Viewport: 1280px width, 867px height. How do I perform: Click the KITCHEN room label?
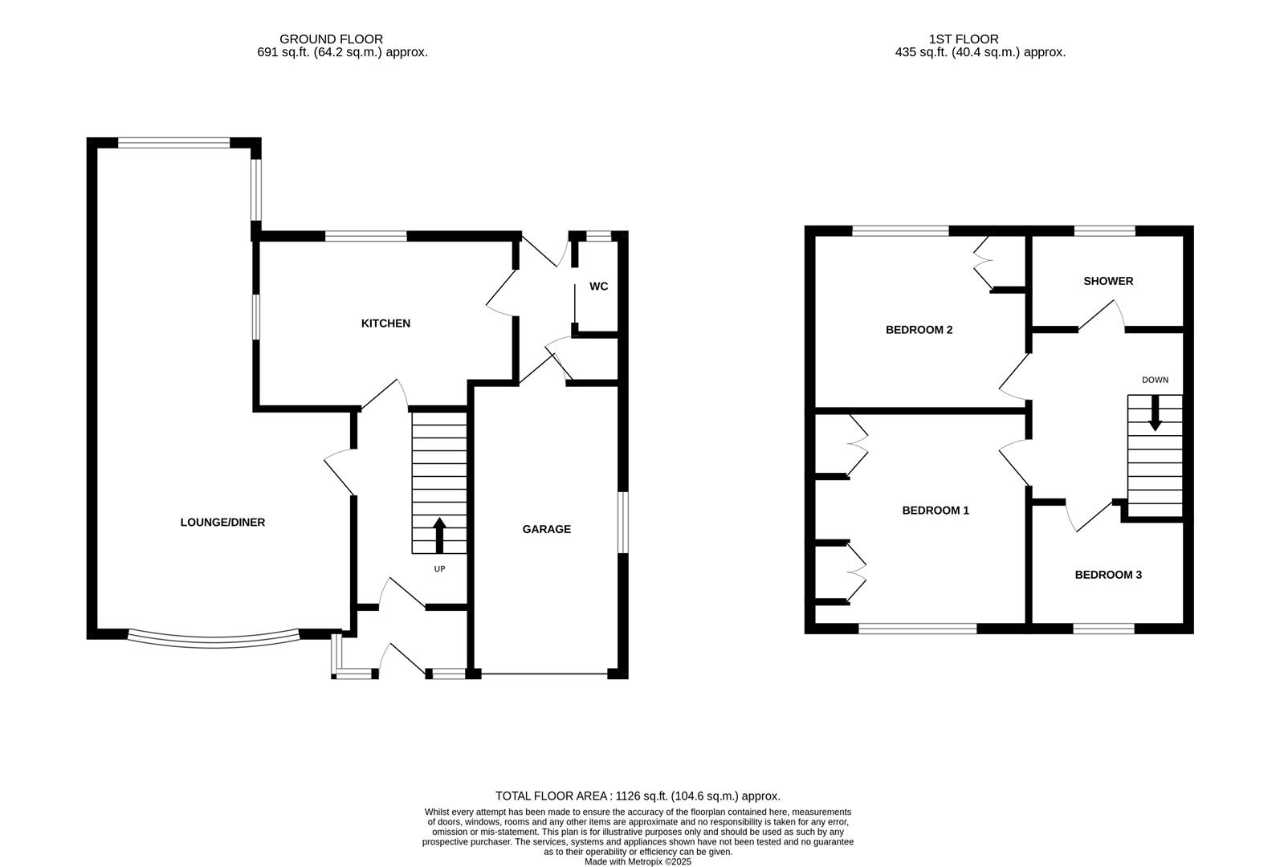tap(385, 324)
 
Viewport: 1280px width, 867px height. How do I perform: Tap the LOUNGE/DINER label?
tap(222, 523)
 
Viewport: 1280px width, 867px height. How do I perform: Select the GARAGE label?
tap(546, 529)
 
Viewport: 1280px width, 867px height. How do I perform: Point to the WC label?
tap(598, 287)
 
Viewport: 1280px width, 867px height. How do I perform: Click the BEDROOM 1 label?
tap(936, 511)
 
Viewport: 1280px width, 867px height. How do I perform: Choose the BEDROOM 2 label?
tap(919, 330)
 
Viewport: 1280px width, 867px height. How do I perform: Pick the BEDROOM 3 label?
tap(1108, 575)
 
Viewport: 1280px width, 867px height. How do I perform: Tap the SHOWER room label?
tap(1108, 281)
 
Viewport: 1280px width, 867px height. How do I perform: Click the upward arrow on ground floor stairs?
tap(439, 535)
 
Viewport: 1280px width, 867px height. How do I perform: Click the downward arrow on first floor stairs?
tap(1155, 414)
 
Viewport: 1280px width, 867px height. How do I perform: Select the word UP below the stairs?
tap(439, 569)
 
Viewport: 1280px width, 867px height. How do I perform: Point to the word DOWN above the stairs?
tap(1155, 380)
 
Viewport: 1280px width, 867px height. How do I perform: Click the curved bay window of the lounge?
tap(214, 642)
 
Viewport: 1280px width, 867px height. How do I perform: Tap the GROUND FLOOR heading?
tap(331, 39)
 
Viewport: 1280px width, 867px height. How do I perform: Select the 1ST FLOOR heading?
tap(964, 39)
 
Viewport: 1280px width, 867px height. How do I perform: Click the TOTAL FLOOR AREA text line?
tap(638, 796)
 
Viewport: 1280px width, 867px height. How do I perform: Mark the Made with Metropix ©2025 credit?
tap(638, 861)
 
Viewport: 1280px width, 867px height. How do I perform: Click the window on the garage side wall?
tap(622, 523)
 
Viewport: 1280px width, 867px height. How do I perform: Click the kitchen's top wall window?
tap(365, 236)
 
